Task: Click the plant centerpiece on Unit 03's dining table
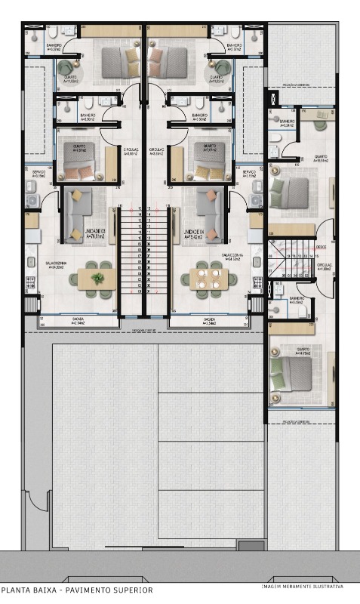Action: (97, 279)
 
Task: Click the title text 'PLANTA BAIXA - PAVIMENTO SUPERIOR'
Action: (76, 590)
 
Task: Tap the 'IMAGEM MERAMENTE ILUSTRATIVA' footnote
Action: (302, 586)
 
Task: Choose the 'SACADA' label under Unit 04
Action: (208, 319)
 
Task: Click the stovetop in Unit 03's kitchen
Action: (32, 282)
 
